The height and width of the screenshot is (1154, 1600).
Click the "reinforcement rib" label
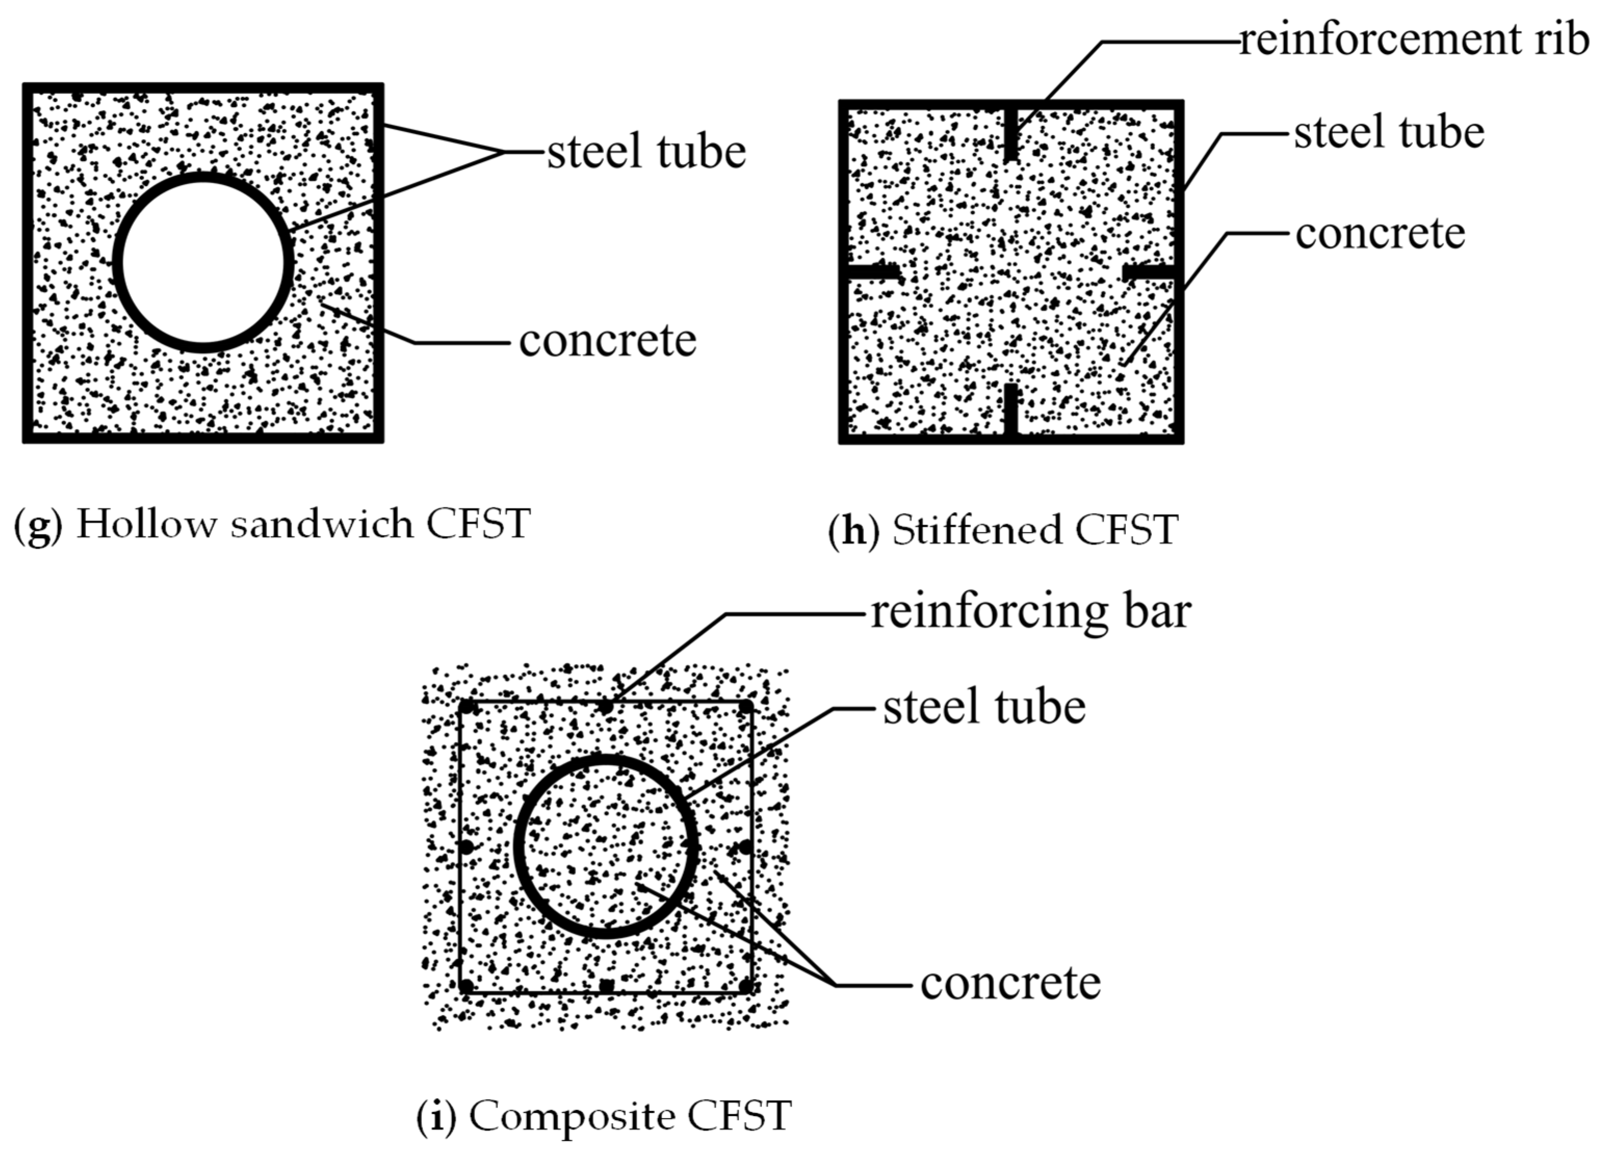(x=1414, y=40)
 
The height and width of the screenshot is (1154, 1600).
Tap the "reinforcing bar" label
(x=1031, y=613)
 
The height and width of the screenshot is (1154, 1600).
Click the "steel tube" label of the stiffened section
(x=1389, y=132)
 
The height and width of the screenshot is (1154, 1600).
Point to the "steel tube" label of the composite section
(x=984, y=707)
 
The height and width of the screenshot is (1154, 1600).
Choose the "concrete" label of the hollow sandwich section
(x=607, y=341)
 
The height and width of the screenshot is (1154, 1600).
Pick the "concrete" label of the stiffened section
(x=1381, y=234)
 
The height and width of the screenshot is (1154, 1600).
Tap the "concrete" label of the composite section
(x=1010, y=984)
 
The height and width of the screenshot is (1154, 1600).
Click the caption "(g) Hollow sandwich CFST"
(x=272, y=524)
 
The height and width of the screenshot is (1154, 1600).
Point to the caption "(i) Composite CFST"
(x=604, y=1117)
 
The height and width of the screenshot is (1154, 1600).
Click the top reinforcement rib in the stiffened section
(x=1011, y=134)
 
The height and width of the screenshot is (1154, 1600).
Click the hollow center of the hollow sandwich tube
(x=203, y=263)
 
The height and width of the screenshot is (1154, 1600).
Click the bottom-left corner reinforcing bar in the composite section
(x=466, y=986)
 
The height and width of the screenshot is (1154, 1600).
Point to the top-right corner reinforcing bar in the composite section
(x=745, y=707)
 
